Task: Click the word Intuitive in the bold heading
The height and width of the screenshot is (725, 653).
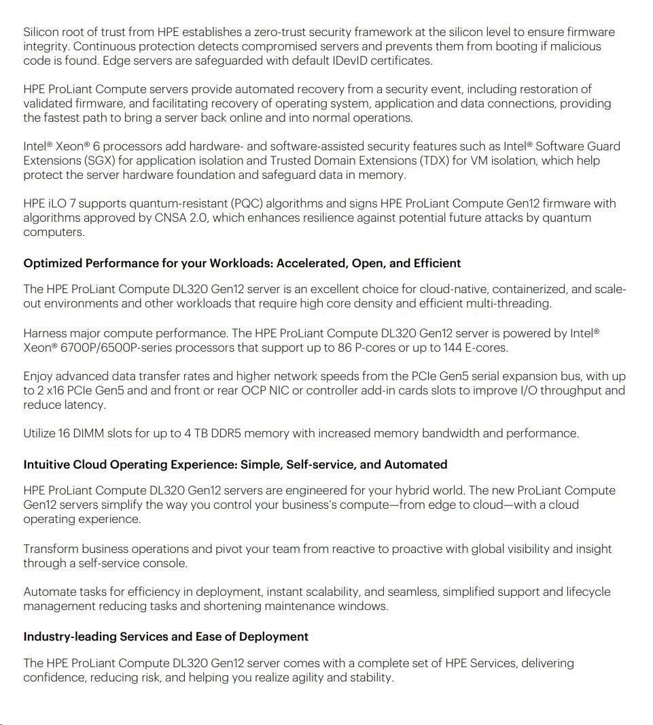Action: pos(49,465)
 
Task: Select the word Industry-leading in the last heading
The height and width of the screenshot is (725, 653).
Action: pos(70,637)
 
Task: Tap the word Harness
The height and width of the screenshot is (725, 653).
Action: pos(46,333)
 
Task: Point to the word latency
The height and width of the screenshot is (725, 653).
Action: pos(85,405)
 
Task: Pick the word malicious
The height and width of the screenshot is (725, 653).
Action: pos(576,46)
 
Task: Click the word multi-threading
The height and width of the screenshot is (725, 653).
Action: pos(508,303)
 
